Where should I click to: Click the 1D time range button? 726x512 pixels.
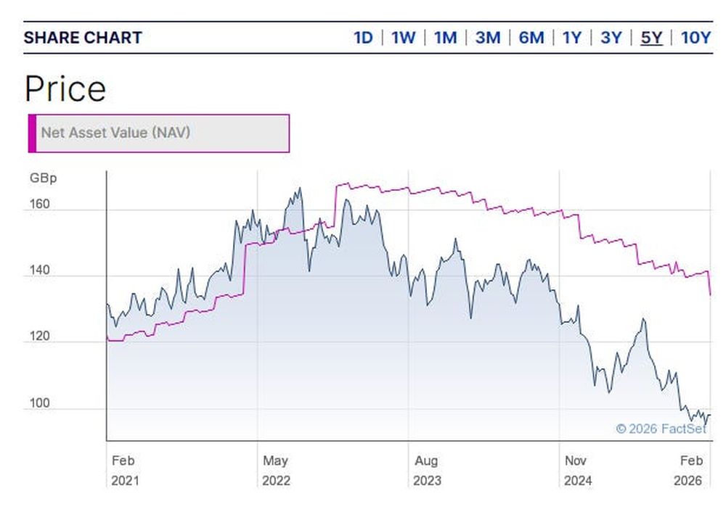pyautogui.click(x=363, y=38)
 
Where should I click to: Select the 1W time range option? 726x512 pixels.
pyautogui.click(x=403, y=38)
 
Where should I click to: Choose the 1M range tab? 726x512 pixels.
pyautogui.click(x=445, y=38)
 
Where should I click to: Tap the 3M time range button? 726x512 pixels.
pyautogui.click(x=488, y=38)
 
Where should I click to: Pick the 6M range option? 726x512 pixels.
pyautogui.click(x=531, y=38)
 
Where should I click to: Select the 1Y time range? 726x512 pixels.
pyautogui.click(x=571, y=38)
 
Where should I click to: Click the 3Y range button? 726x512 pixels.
pyautogui.click(x=611, y=38)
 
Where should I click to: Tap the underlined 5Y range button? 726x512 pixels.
pyautogui.click(x=651, y=38)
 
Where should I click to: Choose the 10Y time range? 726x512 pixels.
pyautogui.click(x=696, y=38)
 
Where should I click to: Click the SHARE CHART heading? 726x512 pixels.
pyautogui.click(x=83, y=38)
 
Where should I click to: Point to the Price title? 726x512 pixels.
pyautogui.click(x=65, y=89)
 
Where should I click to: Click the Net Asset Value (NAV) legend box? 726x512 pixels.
pyautogui.click(x=158, y=133)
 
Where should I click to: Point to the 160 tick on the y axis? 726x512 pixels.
pyautogui.click(x=40, y=204)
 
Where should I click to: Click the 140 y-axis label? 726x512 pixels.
pyautogui.click(x=40, y=271)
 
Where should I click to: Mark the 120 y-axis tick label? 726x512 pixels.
pyautogui.click(x=40, y=336)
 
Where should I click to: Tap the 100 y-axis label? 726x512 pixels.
pyautogui.click(x=40, y=403)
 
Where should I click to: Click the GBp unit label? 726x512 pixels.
pyautogui.click(x=43, y=178)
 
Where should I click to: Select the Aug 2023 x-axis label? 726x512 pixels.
pyautogui.click(x=426, y=470)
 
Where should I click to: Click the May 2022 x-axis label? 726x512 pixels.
pyautogui.click(x=276, y=470)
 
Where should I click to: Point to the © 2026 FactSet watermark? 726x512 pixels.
pyautogui.click(x=661, y=429)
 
